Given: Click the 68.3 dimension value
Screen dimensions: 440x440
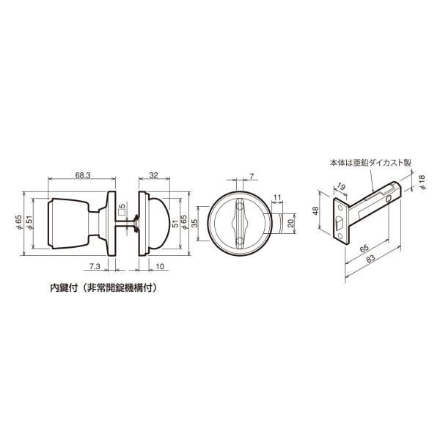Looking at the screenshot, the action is click(82, 175).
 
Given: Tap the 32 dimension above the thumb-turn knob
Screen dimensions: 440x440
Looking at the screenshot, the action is click(153, 175).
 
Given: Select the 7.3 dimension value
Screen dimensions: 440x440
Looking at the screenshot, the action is click(95, 266).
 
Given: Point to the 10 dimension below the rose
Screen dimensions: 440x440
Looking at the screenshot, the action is click(160, 266).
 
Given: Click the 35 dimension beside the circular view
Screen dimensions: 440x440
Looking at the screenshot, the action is click(194, 223).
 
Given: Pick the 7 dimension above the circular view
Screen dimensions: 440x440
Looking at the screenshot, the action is click(252, 176).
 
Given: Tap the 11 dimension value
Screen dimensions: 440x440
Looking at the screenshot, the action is click(277, 197).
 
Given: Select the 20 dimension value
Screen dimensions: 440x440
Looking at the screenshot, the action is click(290, 223).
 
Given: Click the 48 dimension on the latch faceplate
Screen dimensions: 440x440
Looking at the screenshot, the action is click(315, 210).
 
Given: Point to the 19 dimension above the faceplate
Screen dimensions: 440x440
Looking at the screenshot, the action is click(341, 186).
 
